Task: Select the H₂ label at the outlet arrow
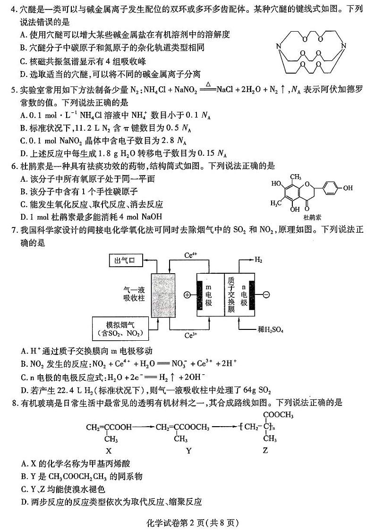click(258, 260)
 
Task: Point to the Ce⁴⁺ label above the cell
click(191, 255)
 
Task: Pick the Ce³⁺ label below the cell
click(191, 336)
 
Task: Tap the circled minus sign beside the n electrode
click(266, 295)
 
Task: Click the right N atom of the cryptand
click(344, 46)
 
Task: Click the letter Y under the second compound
click(189, 450)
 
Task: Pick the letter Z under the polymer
click(265, 450)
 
